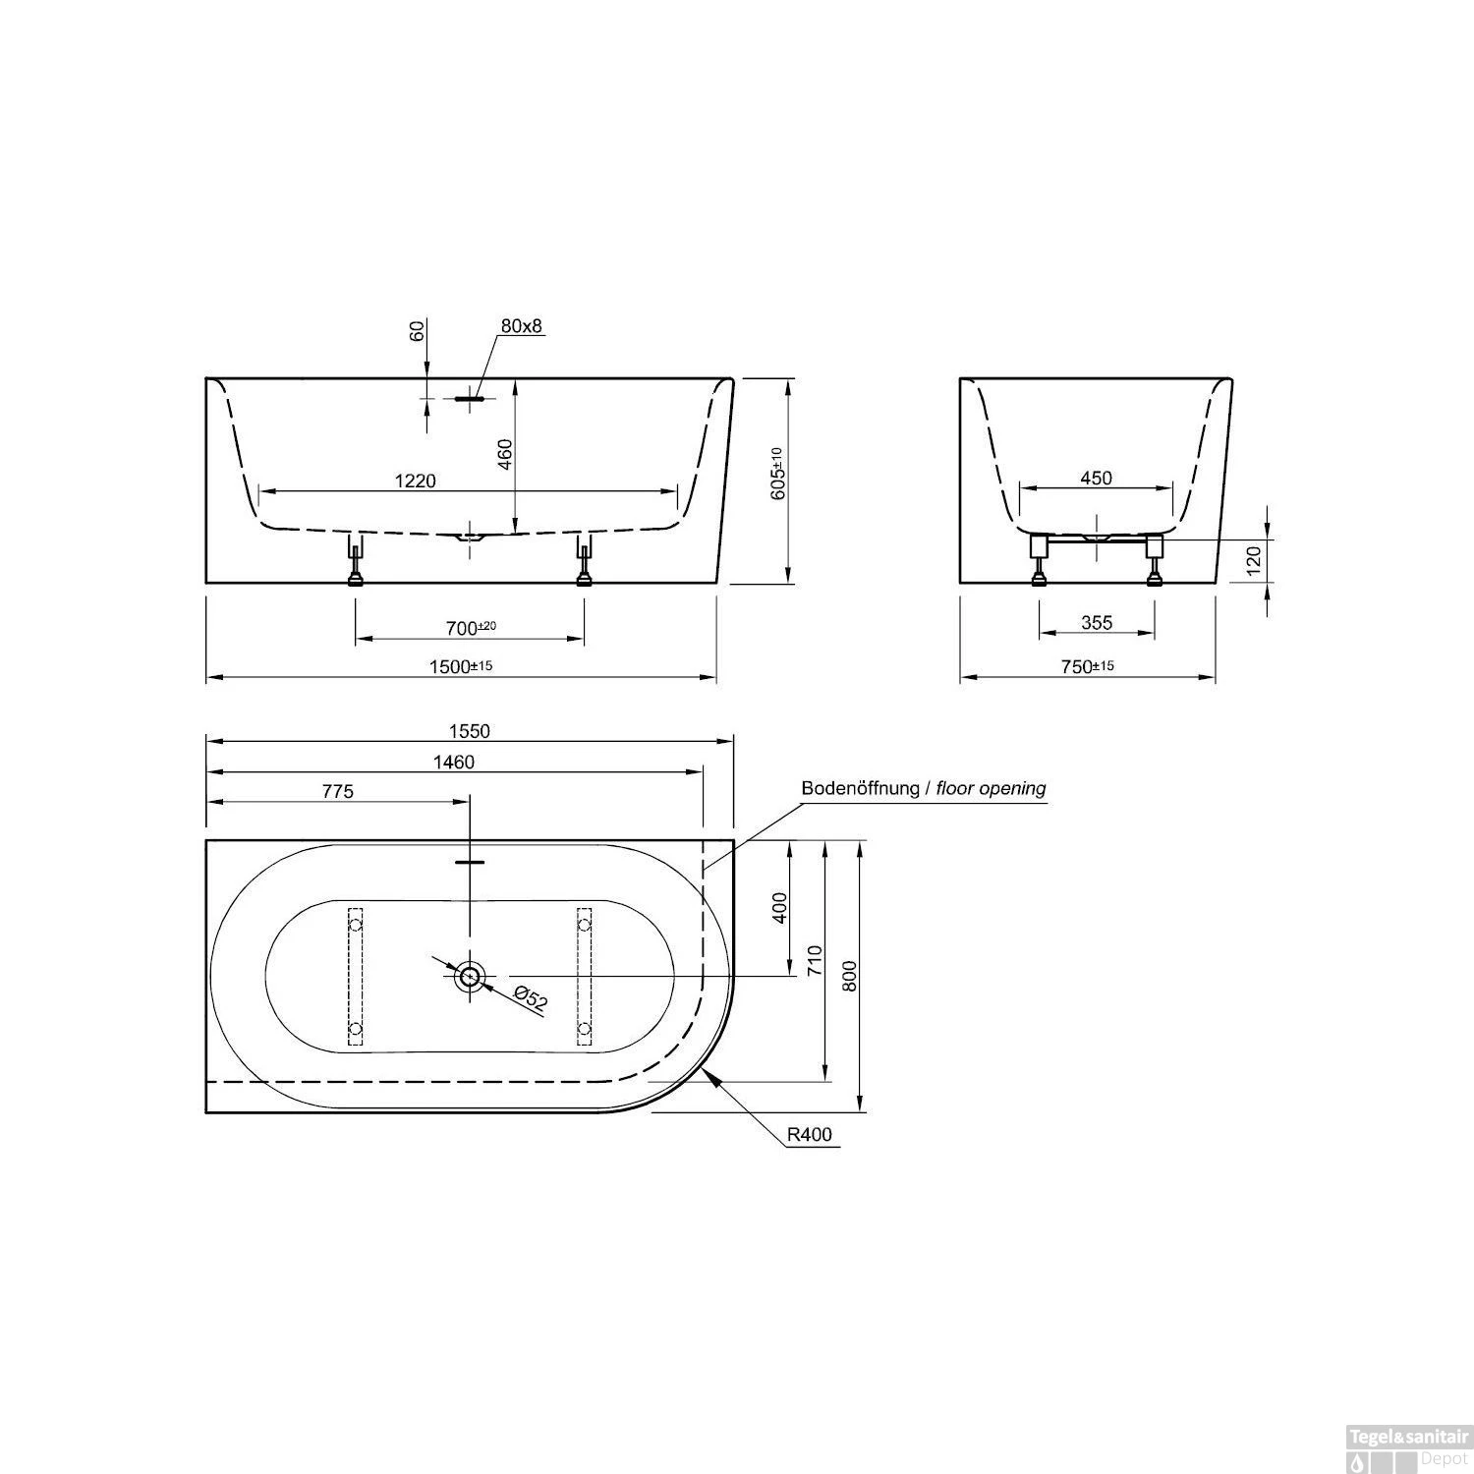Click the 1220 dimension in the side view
coord(415,481)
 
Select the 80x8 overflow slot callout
coord(521,326)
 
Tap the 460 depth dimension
coord(505,455)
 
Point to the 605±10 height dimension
coord(777,475)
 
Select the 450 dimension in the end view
coord(1096,479)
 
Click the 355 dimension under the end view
coord(1096,622)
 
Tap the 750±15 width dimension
coord(1087,666)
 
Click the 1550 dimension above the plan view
coord(470,731)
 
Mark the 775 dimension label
coord(336,791)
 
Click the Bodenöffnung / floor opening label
coord(923,788)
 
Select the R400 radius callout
coord(810,1135)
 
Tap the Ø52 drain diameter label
coord(531,997)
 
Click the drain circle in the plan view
coord(470,976)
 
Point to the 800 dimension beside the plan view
coord(851,975)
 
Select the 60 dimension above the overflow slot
coord(417,330)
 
